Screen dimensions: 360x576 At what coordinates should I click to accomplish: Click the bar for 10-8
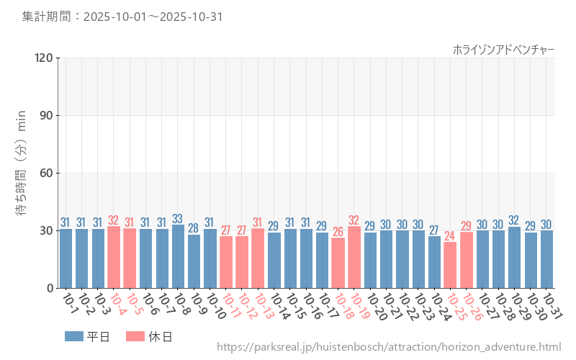point(178,256)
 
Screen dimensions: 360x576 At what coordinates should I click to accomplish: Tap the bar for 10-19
point(354,257)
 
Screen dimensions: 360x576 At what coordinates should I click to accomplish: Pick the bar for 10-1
point(66,258)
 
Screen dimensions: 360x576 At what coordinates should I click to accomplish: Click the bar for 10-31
point(546,259)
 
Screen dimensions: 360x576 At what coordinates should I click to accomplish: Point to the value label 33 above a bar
point(178,219)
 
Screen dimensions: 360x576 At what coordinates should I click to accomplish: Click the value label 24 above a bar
point(450,236)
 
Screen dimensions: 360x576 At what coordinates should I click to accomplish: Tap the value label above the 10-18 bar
point(338,232)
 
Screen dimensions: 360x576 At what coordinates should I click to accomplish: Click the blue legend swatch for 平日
point(74,336)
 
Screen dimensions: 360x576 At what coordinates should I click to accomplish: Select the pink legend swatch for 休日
point(135,336)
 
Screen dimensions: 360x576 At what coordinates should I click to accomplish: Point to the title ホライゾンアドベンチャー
point(503,49)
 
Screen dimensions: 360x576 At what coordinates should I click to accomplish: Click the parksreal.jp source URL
point(388,348)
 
